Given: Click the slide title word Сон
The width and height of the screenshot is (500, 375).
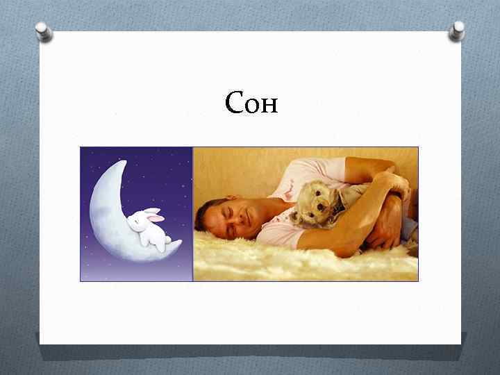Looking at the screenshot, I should click(x=251, y=103).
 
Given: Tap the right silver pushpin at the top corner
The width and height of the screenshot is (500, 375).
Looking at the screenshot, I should click(x=457, y=30).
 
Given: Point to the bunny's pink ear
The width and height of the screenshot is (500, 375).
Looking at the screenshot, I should click(x=155, y=217).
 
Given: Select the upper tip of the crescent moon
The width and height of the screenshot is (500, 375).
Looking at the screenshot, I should click(x=123, y=163).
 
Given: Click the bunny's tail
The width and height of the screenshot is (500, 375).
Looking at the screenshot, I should click(x=168, y=240).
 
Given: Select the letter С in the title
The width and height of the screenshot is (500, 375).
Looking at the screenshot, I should click(x=235, y=103).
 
